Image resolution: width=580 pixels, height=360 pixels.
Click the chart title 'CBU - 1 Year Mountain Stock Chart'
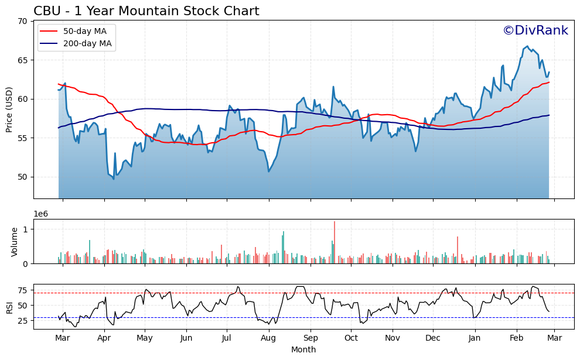coord(146,11)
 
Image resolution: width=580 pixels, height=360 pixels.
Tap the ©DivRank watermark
coord(535,30)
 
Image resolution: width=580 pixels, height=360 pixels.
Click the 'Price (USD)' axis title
coord(9,109)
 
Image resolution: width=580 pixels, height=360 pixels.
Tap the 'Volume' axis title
coord(15,241)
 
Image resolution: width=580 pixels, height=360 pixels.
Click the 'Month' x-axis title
coord(303,349)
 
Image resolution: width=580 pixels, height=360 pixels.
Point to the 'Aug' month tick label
coord(268,338)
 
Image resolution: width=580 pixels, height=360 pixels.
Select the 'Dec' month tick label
coord(433,338)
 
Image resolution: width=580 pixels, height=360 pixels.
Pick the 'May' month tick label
coord(145,338)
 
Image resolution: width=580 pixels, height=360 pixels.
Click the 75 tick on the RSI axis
coord(23,290)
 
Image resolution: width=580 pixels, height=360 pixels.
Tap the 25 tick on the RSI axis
coord(23,321)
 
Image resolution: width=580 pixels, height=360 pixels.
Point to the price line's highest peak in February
coord(527,46)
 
